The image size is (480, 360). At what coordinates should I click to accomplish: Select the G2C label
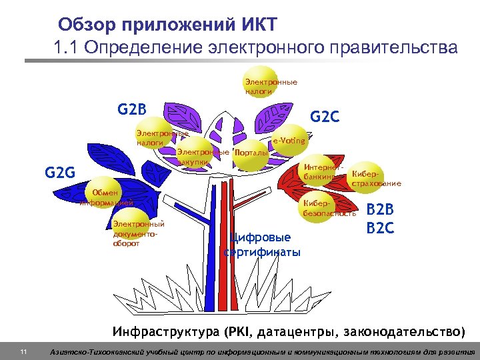pyautogui.click(x=325, y=117)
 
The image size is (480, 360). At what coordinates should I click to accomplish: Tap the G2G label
pyautogui.click(x=61, y=175)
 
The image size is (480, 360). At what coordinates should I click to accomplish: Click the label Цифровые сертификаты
pyautogui.click(x=262, y=245)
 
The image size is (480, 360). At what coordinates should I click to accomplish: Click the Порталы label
pyautogui.click(x=253, y=153)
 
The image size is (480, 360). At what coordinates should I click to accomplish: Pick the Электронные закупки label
pyautogui.click(x=203, y=157)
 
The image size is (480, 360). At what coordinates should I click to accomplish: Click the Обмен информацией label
pyautogui.click(x=107, y=197)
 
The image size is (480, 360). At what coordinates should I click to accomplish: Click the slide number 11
pyautogui.click(x=23, y=351)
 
